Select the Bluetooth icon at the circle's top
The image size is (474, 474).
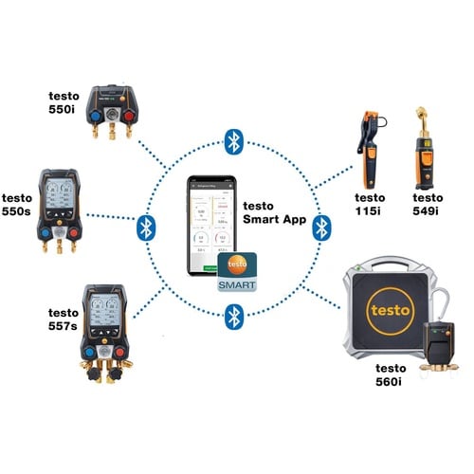coord(233,142)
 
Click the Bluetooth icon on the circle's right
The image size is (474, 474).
coord(322,228)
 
